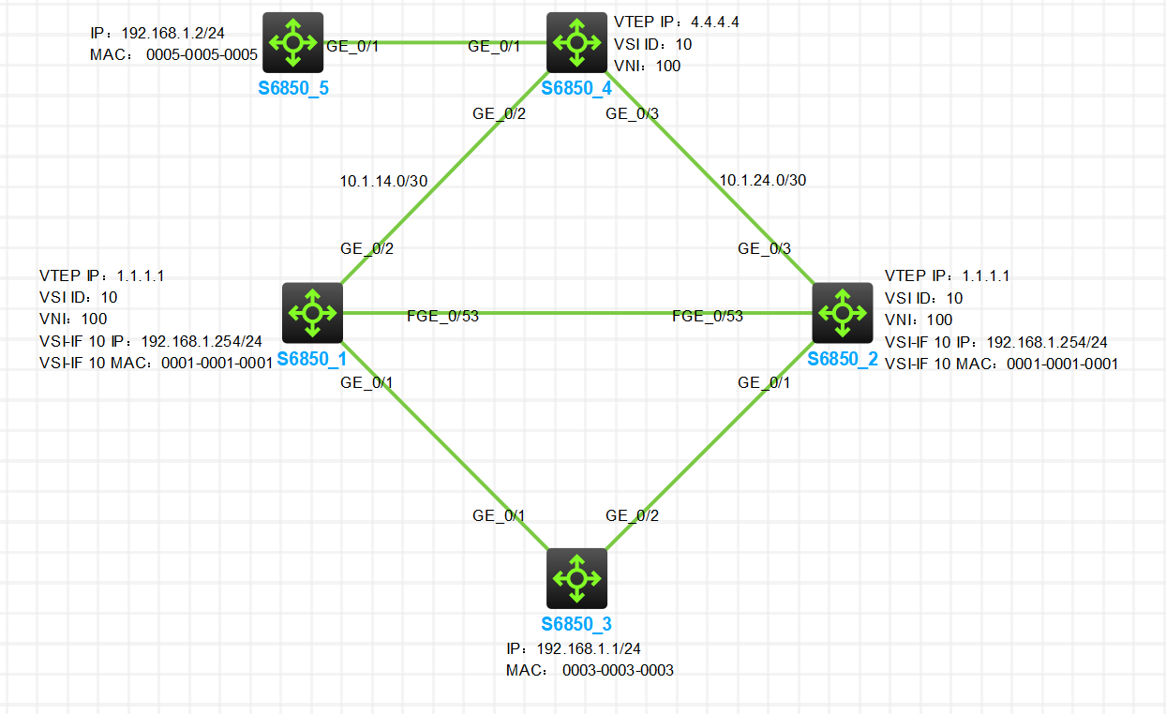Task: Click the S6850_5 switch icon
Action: tap(292, 42)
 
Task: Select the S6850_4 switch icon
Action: tap(576, 42)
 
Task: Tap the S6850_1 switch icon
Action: tap(312, 313)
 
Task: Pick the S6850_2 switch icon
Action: tap(842, 313)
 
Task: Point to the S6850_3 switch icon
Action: tap(576, 578)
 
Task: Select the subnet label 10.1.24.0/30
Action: tap(761, 180)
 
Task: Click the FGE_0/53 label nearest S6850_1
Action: tap(442, 316)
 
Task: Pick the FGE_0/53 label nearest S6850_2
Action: tap(707, 316)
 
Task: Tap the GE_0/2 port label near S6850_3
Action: tap(632, 515)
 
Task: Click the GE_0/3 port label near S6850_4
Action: tap(633, 114)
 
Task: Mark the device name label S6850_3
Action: tap(576, 625)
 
